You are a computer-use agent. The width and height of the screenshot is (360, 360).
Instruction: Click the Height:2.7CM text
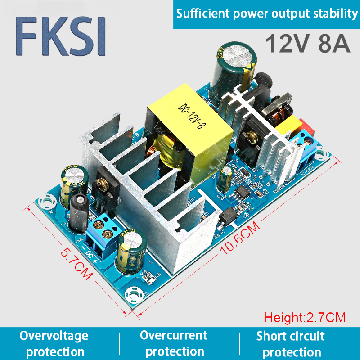pos(305,317)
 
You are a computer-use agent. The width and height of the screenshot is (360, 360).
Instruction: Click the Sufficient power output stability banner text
pos(267,14)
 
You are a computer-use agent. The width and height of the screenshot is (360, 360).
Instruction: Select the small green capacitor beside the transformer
pos(226,177)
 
